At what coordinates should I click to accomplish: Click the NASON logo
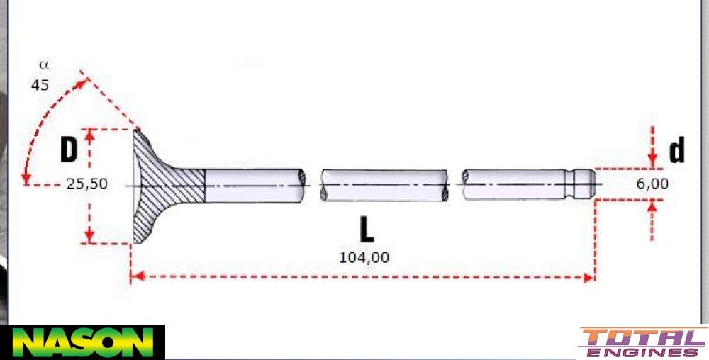tap(82, 342)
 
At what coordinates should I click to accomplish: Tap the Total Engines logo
tap(642, 342)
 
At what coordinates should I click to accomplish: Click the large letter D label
tap(68, 150)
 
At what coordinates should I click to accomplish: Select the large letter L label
tap(366, 230)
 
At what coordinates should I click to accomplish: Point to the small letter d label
tap(677, 151)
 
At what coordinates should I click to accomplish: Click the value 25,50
tap(87, 184)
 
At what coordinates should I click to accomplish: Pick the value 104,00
tap(365, 257)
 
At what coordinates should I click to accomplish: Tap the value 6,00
tap(652, 184)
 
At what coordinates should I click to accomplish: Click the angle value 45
tap(40, 84)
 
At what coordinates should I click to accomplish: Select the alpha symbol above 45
tap(43, 65)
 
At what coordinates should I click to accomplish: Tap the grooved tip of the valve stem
tap(583, 184)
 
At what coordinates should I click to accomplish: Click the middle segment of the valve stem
tap(384, 186)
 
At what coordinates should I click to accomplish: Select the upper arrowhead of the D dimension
tap(90, 134)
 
